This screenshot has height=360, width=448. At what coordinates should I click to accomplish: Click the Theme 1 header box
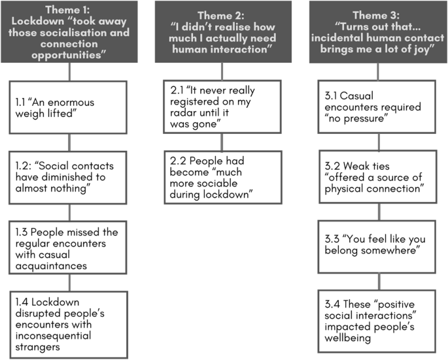pos(70,31)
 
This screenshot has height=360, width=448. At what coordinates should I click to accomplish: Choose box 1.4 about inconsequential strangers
pos(70,321)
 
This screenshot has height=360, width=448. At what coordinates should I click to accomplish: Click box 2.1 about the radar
pos(222,106)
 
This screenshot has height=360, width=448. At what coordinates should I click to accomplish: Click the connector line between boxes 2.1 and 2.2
pos(222,142)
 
